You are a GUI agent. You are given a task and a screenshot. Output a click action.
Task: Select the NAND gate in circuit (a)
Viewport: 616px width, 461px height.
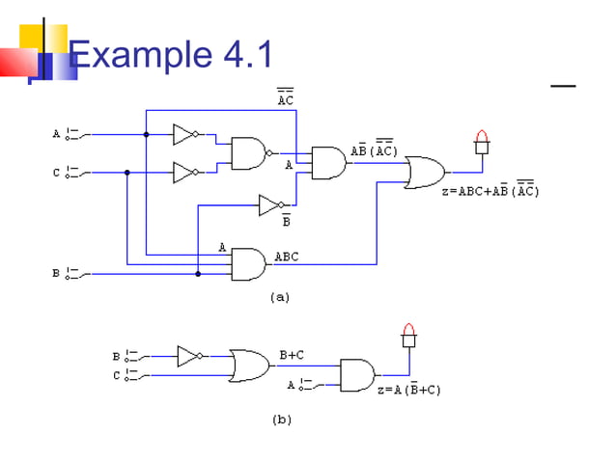click(249, 152)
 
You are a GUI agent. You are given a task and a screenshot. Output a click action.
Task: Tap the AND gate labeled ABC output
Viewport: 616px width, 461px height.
click(248, 263)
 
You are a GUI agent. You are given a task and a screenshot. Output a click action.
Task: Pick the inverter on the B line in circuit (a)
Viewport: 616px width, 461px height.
click(270, 204)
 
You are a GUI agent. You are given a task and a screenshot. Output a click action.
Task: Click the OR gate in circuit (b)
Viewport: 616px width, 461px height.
click(250, 366)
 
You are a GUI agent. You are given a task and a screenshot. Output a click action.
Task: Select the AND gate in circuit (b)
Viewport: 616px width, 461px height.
click(356, 375)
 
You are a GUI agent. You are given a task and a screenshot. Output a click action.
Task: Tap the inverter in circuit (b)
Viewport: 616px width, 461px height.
click(189, 356)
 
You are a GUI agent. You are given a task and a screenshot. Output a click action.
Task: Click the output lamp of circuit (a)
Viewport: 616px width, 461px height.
click(482, 143)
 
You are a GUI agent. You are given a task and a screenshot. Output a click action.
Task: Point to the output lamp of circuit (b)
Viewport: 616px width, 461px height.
click(408, 336)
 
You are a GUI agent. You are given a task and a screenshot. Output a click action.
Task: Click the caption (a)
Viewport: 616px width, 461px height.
click(279, 298)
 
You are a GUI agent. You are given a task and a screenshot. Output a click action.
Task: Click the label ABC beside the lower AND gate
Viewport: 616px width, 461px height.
click(287, 257)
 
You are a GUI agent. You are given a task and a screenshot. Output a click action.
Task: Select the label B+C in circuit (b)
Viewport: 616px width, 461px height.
click(292, 355)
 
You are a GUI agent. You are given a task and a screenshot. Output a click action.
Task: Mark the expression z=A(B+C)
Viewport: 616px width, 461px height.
click(408, 390)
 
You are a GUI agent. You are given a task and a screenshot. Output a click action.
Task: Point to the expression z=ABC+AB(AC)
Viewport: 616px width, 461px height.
click(490, 191)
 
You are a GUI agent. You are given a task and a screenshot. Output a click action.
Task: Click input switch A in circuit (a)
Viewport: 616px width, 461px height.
click(73, 135)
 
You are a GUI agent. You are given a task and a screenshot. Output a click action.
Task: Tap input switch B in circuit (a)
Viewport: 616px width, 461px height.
click(73, 274)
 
